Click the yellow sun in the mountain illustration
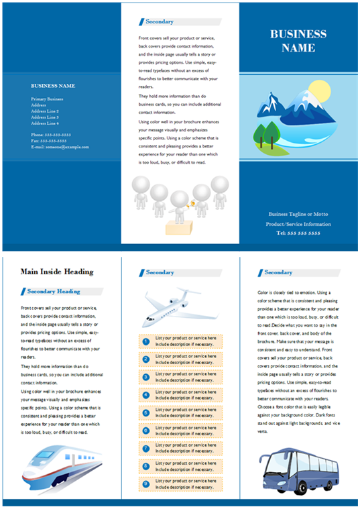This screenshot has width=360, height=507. [320, 90]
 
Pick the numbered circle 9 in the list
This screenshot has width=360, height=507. [145, 483]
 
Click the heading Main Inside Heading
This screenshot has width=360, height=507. [57, 272]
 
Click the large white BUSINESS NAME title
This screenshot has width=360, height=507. [298, 41]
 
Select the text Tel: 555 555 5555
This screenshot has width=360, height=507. [298, 233]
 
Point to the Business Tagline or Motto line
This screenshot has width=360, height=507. [298, 214]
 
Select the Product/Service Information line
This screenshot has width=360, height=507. [298, 223]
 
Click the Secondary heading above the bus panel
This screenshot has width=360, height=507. [278, 273]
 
